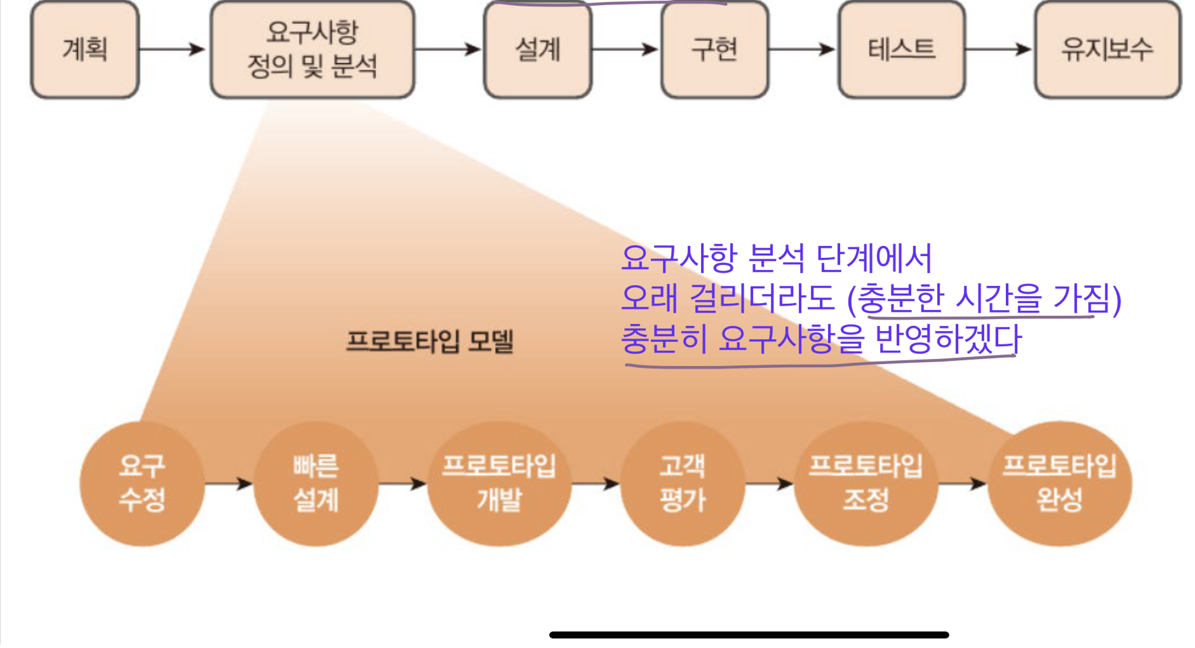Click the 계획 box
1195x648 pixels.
[85, 50]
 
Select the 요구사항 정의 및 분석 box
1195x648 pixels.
[312, 50]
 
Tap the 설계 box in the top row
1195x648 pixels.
[538, 50]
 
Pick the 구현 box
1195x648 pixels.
[714, 50]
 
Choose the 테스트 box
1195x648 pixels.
[902, 50]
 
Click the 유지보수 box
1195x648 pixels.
[1107, 50]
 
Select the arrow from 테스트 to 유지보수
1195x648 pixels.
[999, 49]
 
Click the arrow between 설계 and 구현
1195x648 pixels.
[625, 49]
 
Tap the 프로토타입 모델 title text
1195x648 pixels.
[430, 341]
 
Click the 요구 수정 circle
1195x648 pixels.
[142, 483]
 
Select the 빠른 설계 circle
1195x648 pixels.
[316, 483]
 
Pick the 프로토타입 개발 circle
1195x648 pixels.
[499, 483]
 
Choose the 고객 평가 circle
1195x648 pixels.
[683, 483]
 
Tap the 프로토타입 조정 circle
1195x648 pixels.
[865, 483]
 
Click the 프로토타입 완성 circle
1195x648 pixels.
[1059, 483]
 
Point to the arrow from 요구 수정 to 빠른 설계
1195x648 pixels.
[229, 483]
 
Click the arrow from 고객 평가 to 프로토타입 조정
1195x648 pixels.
[770, 483]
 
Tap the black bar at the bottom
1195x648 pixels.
[749, 635]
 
